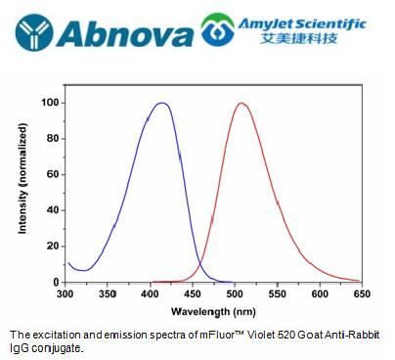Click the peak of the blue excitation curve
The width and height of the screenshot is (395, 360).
point(162,103)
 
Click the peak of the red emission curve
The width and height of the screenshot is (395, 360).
point(241,103)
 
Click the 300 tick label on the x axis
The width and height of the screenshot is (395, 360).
point(66,292)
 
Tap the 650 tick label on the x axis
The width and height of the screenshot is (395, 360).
point(361,292)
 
